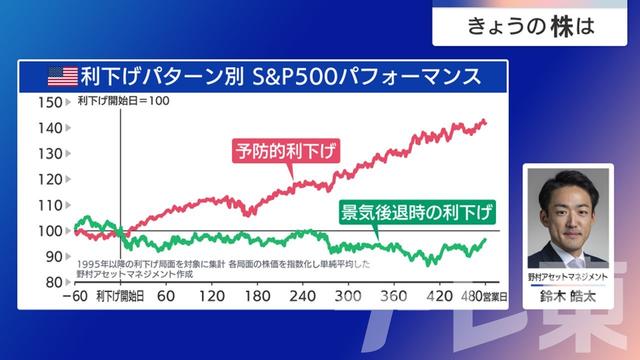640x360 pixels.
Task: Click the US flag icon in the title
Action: [62, 76]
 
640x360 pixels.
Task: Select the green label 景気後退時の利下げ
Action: [418, 212]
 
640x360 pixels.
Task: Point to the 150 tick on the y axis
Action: [47, 102]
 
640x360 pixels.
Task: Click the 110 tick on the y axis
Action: [47, 205]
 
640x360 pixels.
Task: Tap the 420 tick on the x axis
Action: [437, 297]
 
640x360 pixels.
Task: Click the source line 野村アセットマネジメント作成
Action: [126, 273]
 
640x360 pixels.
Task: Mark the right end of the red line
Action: [486, 122]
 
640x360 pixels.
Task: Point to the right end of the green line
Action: [486, 240]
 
